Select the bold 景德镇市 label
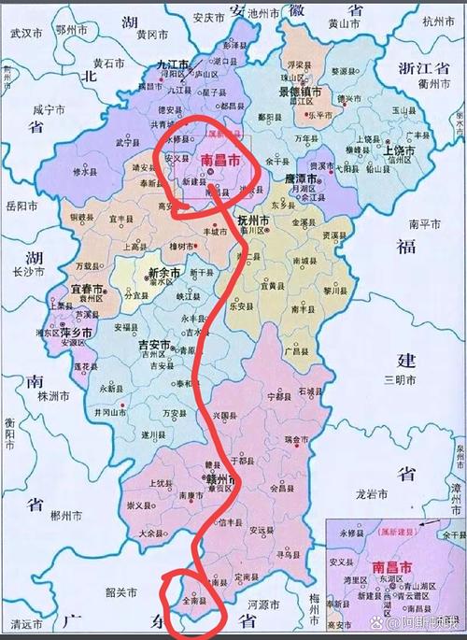pyautogui.click(x=300, y=93)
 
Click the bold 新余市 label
pyautogui.click(x=165, y=273)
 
